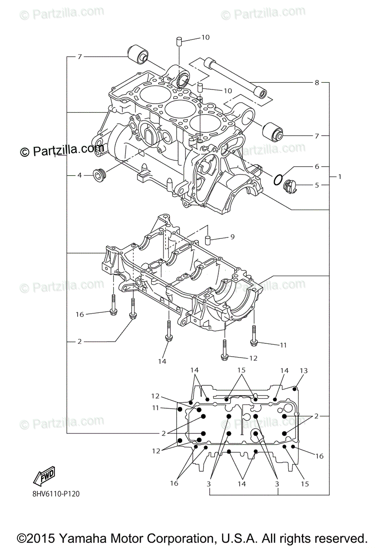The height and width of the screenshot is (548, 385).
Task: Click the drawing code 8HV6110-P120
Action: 59,494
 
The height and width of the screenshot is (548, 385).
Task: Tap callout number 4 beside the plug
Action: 79,175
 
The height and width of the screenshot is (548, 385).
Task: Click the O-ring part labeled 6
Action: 277,180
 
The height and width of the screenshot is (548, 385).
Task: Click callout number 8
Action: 316,83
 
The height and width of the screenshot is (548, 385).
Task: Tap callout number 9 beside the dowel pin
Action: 232,237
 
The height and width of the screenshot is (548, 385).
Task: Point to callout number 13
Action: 304,370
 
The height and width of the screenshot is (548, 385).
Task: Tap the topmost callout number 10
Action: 206,37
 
